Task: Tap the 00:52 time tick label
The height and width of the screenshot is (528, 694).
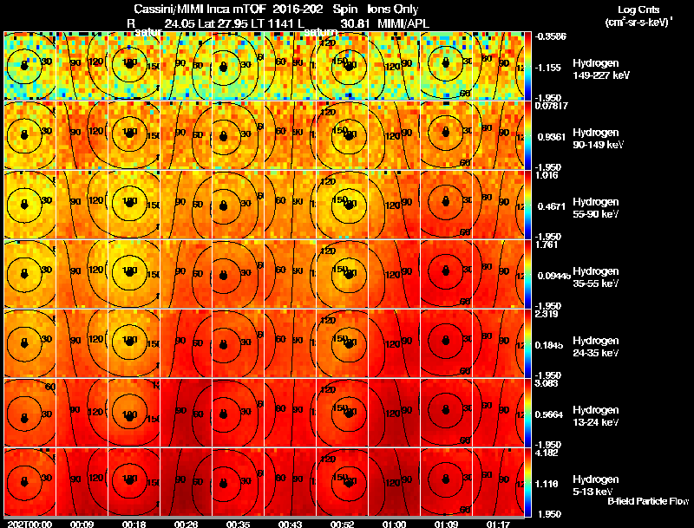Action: (x=340, y=524)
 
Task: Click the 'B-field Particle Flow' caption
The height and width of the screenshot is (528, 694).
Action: (x=647, y=501)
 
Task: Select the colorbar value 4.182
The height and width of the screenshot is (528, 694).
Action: (x=547, y=453)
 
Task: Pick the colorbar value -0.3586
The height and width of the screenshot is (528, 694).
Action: (x=549, y=36)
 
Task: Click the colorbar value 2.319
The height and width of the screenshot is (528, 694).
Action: (x=547, y=315)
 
